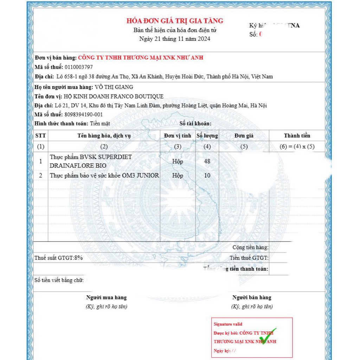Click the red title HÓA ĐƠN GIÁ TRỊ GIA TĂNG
coord(175,21)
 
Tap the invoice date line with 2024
coord(175,39)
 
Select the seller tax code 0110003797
coord(79,67)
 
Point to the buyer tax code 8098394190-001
coord(83,115)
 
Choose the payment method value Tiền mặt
coord(100,124)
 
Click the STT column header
coord(41,136)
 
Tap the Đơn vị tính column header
coord(178,136)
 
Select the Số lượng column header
coord(207,136)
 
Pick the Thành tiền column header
coord(297,136)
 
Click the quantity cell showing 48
coord(207,161)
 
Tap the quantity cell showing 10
coord(207,175)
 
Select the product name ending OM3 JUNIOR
coord(104,175)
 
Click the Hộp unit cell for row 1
coord(178,161)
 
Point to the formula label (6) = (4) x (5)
coord(297,147)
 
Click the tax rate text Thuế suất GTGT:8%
coord(59,258)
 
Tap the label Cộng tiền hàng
coord(250,247)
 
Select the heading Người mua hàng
coord(107,298)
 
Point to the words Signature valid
coord(228,324)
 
